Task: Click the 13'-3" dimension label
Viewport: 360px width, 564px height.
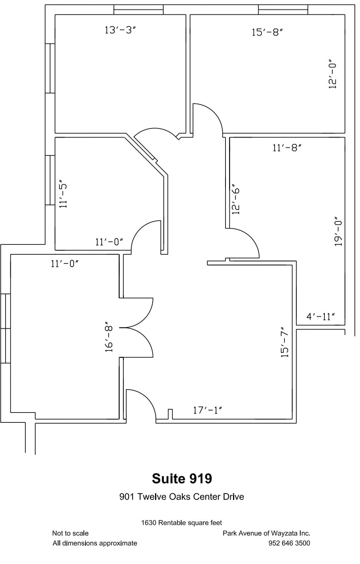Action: (x=120, y=30)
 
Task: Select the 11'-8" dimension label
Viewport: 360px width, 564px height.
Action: (x=287, y=148)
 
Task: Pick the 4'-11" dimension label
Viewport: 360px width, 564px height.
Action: (x=320, y=316)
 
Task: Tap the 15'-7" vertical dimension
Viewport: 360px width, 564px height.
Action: (x=285, y=342)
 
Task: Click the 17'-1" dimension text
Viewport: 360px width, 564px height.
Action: (x=207, y=411)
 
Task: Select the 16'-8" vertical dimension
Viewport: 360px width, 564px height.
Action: (x=109, y=339)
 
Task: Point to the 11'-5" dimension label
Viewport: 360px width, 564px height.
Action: (x=63, y=195)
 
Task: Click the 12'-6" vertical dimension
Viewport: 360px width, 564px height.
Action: (x=236, y=199)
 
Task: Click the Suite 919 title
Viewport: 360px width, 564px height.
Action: (x=182, y=479)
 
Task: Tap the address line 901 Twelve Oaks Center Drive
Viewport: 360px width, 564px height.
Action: (x=182, y=497)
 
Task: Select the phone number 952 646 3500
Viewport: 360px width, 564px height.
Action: (x=289, y=543)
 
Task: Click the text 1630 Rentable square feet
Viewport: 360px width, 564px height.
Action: (x=182, y=523)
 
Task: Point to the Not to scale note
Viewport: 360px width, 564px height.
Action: (x=70, y=533)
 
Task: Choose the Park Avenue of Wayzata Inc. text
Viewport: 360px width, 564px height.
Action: (x=266, y=533)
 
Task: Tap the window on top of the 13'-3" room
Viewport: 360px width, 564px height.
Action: (x=138, y=9)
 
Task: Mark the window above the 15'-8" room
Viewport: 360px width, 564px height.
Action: (x=283, y=9)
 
